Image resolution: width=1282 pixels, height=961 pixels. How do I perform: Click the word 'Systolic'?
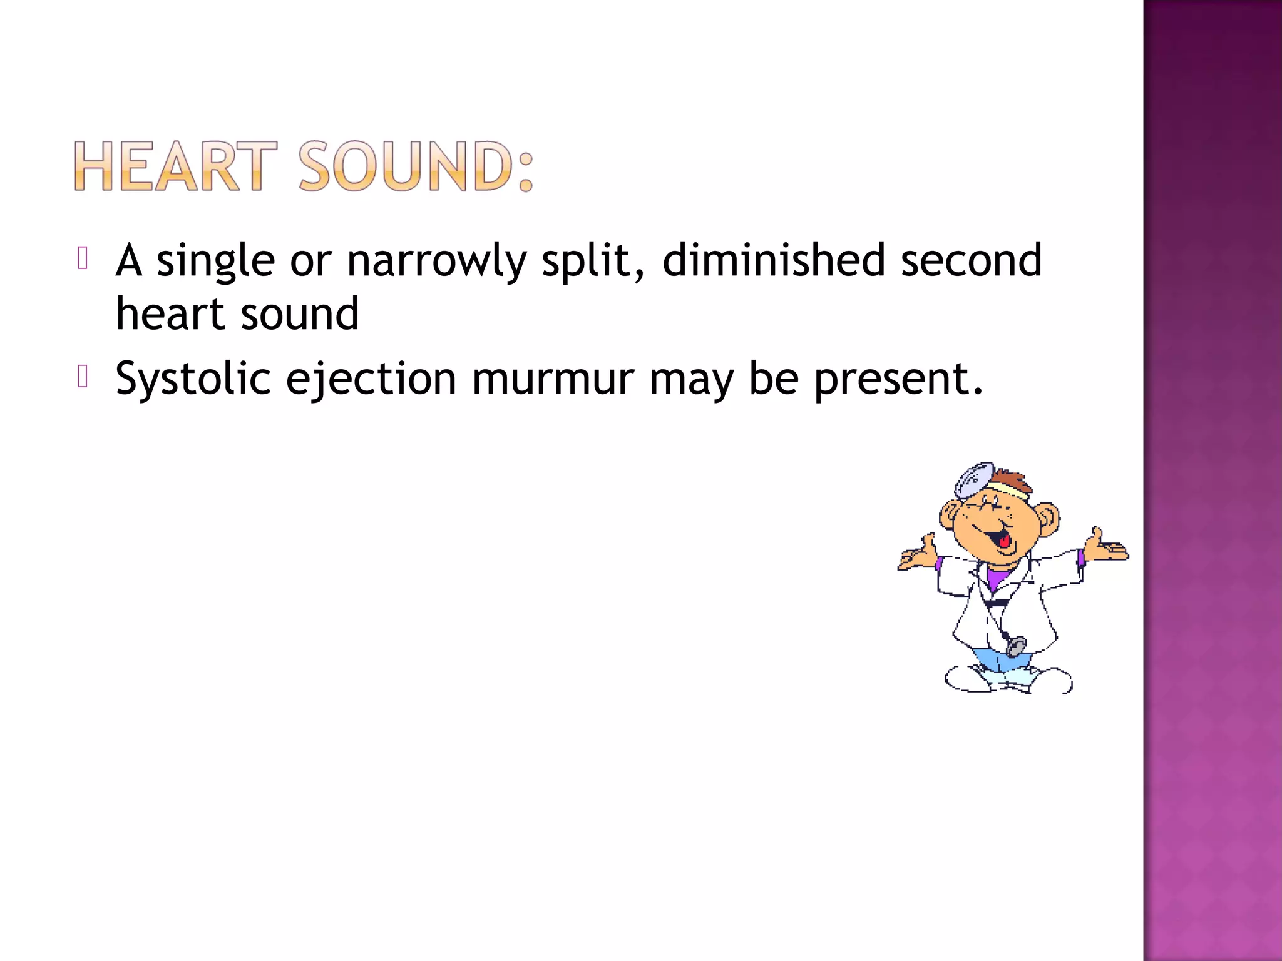tap(193, 379)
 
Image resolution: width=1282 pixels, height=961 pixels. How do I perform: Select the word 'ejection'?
tap(371, 380)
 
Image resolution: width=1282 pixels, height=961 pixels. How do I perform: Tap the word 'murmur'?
tap(553, 379)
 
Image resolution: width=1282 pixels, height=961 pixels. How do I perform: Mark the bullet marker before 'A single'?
tap(83, 258)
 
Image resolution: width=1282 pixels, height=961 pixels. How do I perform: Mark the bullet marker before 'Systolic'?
tap(83, 377)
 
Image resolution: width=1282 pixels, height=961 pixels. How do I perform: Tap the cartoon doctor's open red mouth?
tap(1003, 537)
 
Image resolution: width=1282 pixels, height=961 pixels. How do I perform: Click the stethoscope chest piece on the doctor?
tap(1017, 645)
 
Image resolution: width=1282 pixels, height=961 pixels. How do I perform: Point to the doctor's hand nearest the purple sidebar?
tap(1107, 548)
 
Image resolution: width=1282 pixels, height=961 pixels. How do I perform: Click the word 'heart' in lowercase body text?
tap(170, 314)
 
